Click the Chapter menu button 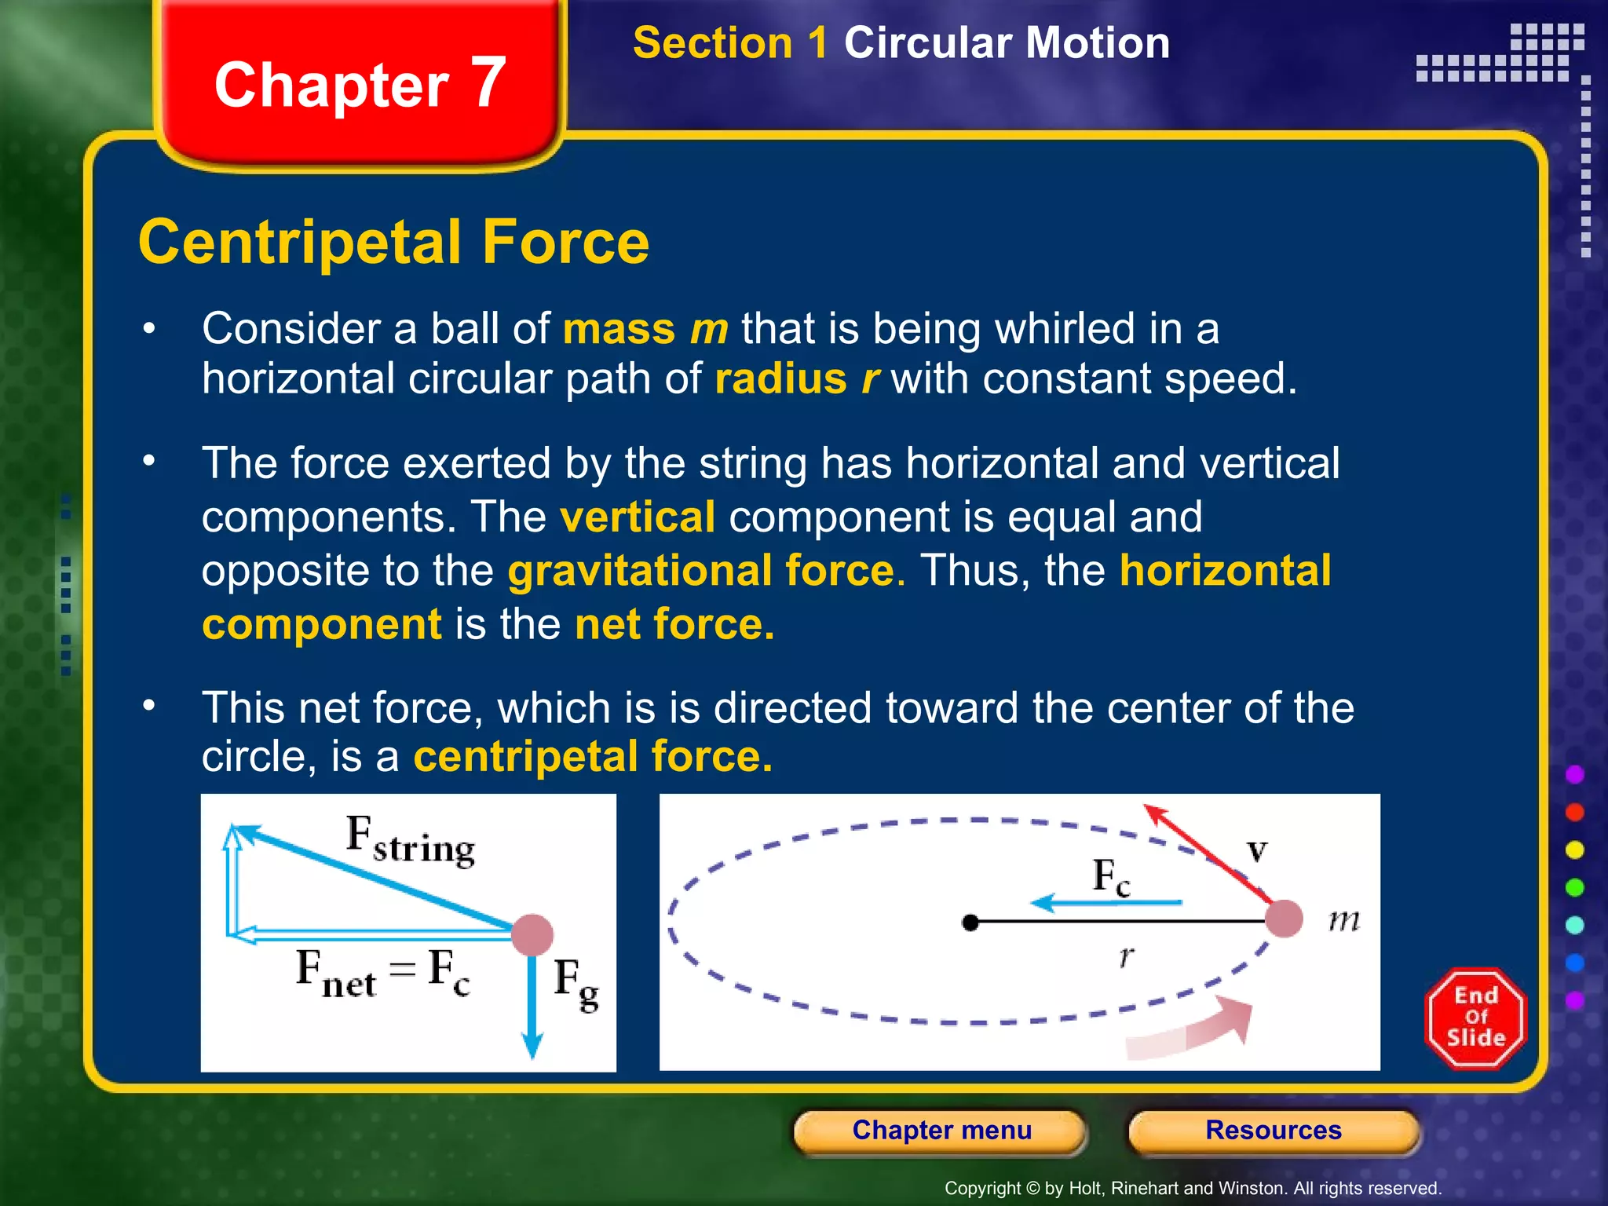941,1131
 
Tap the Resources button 1273,1131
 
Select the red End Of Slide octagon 1475,1018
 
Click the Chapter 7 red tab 360,85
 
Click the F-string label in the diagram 411,841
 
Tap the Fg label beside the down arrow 576,983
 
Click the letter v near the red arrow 1257,850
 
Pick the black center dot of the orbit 970,923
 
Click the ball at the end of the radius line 1285,918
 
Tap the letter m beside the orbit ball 1343,919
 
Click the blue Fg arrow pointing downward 532,1005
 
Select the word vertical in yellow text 638,517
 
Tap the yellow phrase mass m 645,329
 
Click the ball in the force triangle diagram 532,934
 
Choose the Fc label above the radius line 1111,876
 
